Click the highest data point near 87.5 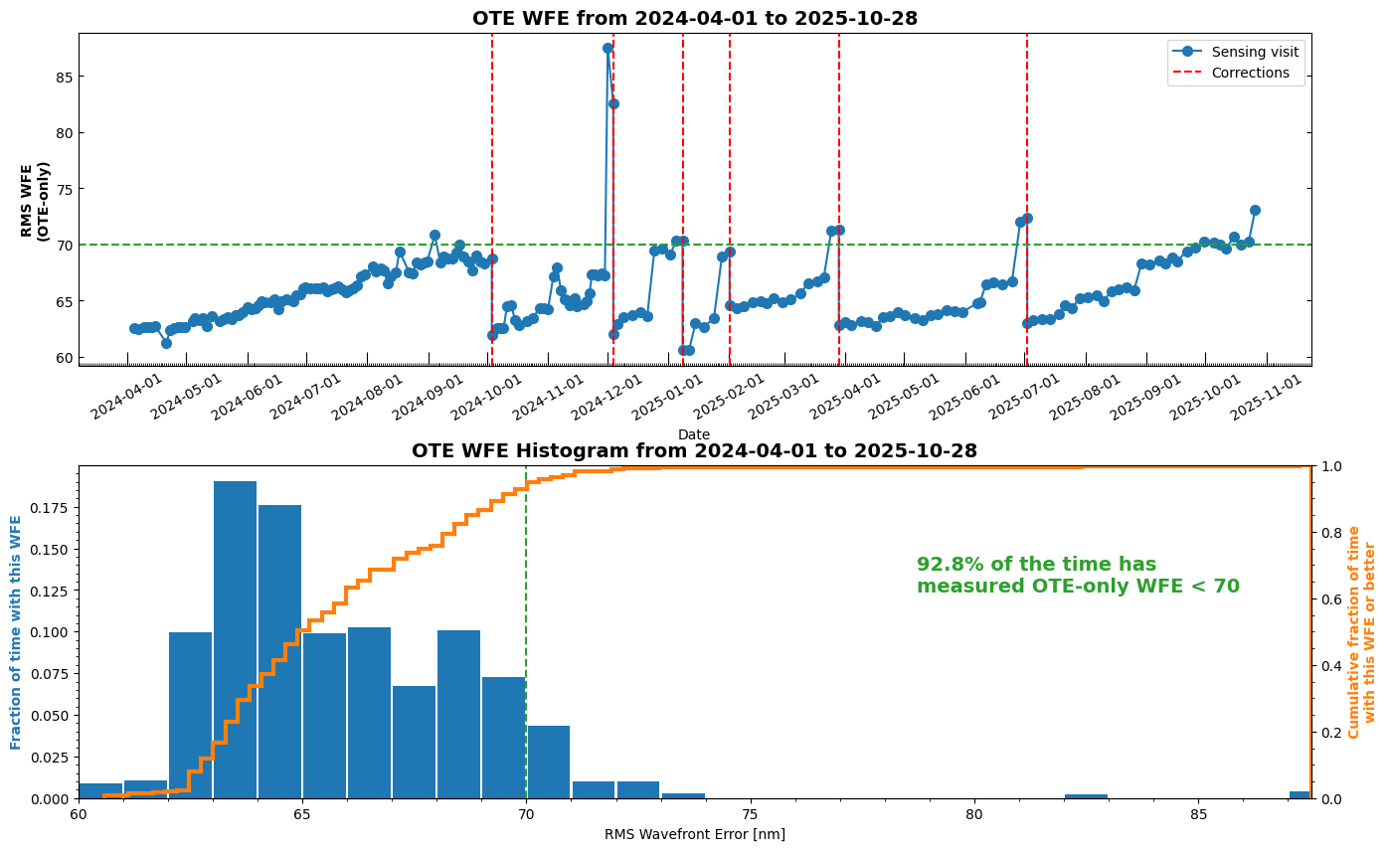607,48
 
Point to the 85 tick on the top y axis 64,77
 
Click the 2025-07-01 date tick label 996,398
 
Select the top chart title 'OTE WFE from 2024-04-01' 694,18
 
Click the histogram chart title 694,450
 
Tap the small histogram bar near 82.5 1086,795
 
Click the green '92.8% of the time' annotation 1078,576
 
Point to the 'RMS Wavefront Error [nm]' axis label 694,834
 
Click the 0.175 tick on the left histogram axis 53,508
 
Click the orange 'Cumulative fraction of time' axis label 1361,632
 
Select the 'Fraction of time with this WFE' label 16,632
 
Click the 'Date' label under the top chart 694,434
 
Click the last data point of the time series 1255,210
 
